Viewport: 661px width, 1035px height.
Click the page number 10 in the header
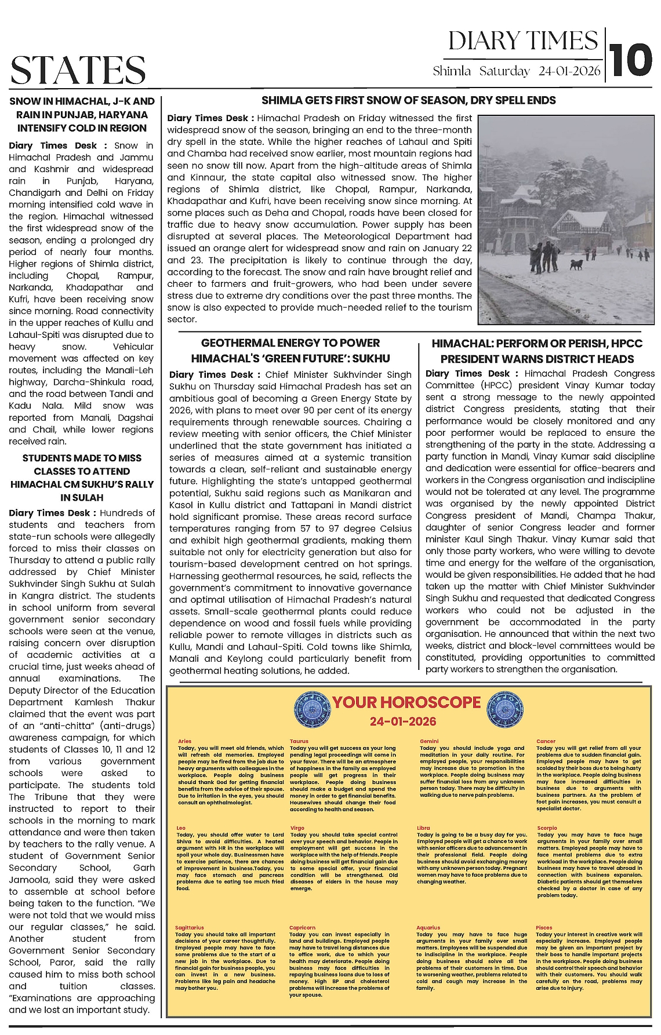[x=631, y=60]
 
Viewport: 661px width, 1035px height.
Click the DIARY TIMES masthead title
[x=523, y=41]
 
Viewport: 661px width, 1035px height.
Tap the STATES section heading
[x=78, y=71]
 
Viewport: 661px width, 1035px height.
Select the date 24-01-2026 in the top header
[x=569, y=72]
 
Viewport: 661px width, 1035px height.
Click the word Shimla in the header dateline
[x=452, y=72]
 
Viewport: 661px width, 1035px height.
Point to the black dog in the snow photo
[x=576, y=264]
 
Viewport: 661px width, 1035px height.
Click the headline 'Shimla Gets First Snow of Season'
[x=408, y=100]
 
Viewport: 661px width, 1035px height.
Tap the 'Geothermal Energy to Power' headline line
[x=290, y=343]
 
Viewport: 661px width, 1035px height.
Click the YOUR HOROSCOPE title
[x=407, y=702]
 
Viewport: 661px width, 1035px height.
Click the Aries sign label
[x=184, y=741]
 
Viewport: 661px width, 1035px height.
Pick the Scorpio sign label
[x=547, y=828]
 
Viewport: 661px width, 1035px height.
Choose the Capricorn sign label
[x=302, y=928]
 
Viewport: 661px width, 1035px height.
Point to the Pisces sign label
[x=544, y=928]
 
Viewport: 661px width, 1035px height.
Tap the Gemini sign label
[x=429, y=741]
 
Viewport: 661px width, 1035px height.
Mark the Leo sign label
[x=181, y=828]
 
